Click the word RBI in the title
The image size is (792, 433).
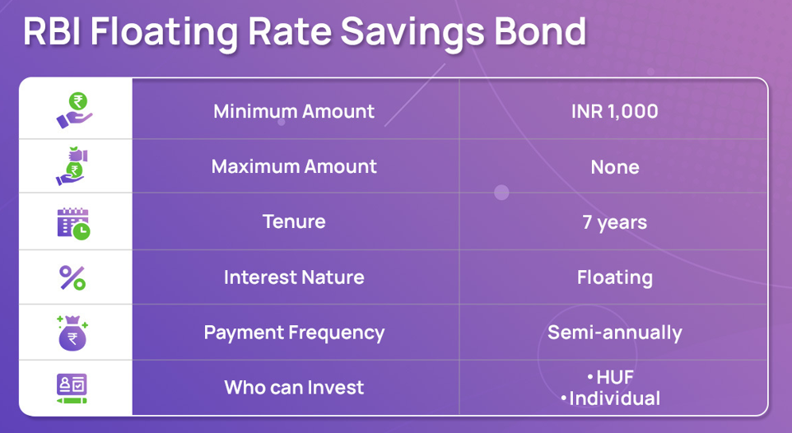(53, 31)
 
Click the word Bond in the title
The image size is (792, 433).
(540, 31)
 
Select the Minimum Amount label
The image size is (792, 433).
(294, 111)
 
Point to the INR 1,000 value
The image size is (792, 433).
(615, 112)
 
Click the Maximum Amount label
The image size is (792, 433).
(294, 166)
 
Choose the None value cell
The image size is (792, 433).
(615, 167)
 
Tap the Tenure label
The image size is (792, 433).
(294, 221)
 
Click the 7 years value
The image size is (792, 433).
(615, 223)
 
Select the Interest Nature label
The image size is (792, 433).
(294, 277)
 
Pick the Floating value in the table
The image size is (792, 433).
(615, 278)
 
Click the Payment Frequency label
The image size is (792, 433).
(294, 333)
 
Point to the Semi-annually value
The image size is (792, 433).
(615, 333)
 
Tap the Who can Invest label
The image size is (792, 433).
(294, 388)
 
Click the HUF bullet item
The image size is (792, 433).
(611, 377)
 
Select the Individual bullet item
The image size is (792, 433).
(610, 398)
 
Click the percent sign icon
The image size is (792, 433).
(72, 278)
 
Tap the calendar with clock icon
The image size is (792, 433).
(73, 223)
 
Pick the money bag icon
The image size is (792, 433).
(72, 333)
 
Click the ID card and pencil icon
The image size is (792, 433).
(72, 389)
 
